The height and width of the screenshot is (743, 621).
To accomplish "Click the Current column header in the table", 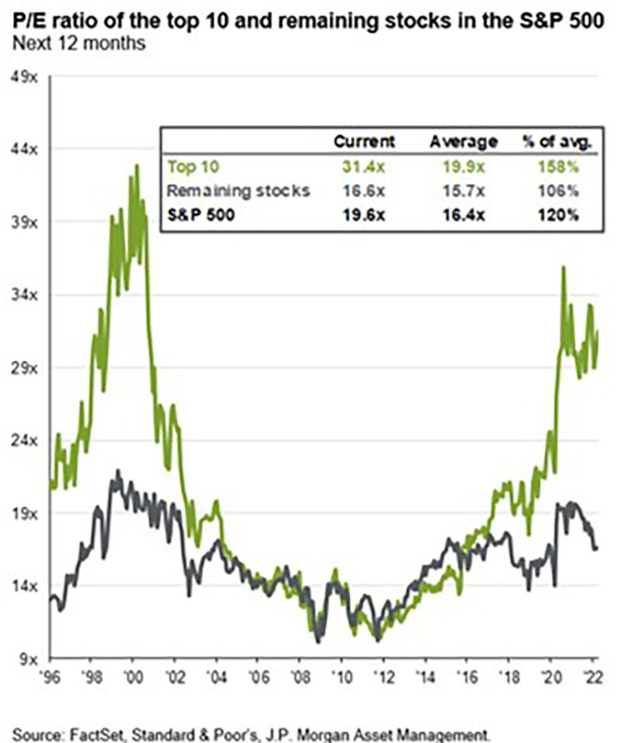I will tap(364, 141).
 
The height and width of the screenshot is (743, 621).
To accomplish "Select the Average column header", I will tap(463, 141).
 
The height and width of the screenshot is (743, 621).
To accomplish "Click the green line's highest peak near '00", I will tap(137, 165).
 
